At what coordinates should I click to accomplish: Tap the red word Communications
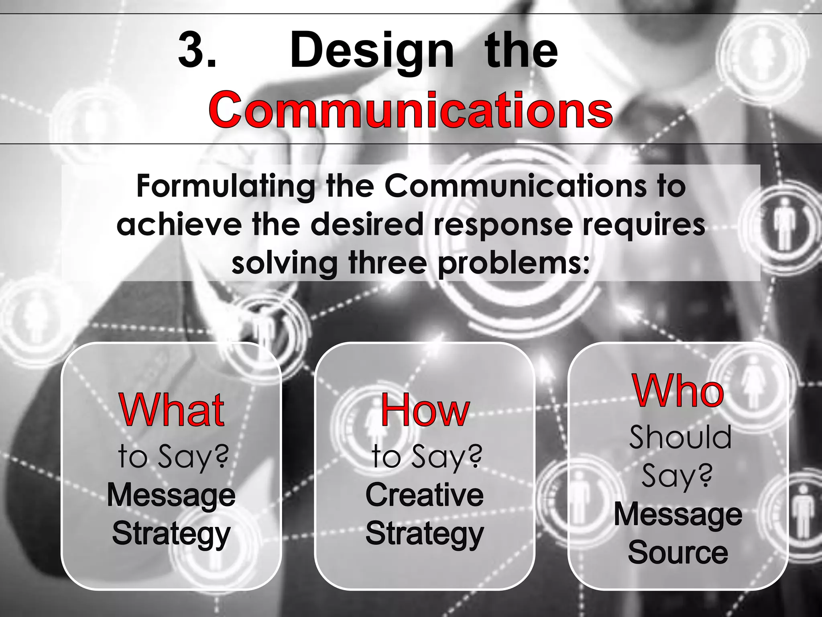410,109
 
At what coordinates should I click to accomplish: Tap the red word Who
679,390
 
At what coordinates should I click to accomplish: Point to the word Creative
425,495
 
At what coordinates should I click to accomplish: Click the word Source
678,553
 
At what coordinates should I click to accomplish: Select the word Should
680,437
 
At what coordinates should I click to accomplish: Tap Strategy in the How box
425,534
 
